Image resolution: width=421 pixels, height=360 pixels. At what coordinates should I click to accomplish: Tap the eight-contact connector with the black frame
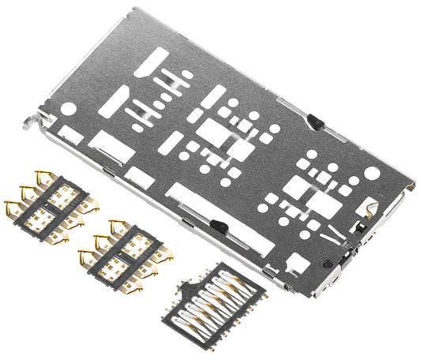[212, 299]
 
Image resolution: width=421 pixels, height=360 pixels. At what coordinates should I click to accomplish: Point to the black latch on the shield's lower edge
[220, 227]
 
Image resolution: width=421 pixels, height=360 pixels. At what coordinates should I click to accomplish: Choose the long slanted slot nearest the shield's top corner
[155, 59]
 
